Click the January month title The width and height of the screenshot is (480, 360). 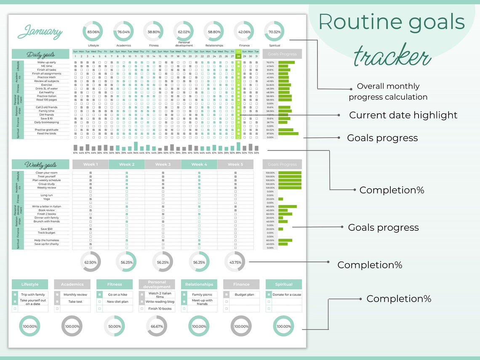(40, 32)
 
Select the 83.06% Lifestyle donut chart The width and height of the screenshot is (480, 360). (93, 32)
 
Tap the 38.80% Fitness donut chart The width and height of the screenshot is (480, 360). (154, 32)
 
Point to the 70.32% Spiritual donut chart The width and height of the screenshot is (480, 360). (274, 32)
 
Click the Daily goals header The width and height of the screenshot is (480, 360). (40, 54)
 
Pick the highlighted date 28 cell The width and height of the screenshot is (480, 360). (238, 56)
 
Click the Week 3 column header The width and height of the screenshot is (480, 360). (163, 164)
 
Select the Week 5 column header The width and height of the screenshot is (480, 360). (235, 164)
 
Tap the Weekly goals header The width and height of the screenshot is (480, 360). (40, 165)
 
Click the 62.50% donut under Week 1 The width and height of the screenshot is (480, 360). (91, 262)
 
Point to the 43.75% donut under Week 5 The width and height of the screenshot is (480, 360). (235, 262)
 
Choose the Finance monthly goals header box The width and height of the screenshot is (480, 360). (241, 284)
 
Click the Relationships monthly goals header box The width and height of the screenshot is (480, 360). (199, 284)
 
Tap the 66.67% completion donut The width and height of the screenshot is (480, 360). (157, 326)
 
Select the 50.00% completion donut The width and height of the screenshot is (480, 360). (115, 326)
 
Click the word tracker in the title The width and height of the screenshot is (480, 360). (392, 57)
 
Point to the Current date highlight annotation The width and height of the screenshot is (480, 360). (403, 115)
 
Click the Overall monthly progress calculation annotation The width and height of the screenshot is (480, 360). (388, 91)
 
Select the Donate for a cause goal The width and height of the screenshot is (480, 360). (287, 295)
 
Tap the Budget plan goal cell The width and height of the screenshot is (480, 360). (244, 295)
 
